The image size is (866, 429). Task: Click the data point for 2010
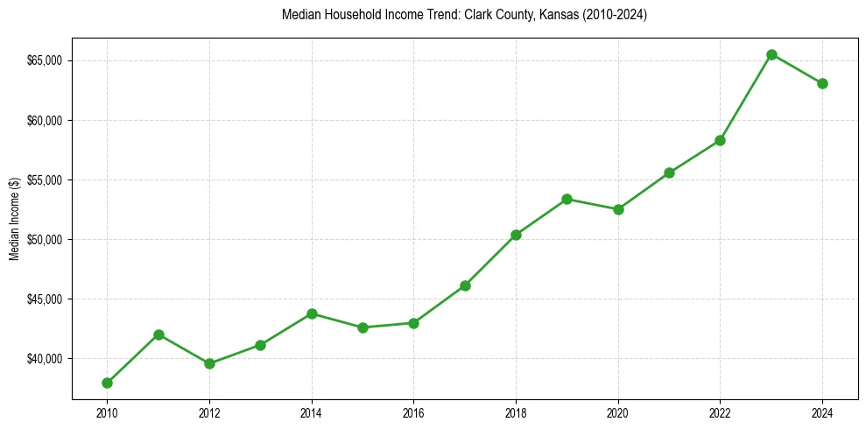[x=107, y=383]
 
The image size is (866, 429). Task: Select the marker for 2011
[x=158, y=334]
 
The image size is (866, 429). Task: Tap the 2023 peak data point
[x=771, y=54]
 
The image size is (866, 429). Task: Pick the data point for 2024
[x=822, y=83]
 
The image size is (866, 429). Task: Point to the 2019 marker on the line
[x=567, y=199]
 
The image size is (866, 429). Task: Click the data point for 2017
[x=465, y=285]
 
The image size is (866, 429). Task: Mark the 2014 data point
[x=312, y=313]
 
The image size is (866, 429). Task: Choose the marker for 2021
[x=669, y=172]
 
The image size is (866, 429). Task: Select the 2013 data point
[x=260, y=345]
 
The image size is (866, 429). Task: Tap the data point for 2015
[x=363, y=327]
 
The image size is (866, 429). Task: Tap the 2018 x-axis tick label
[x=516, y=413]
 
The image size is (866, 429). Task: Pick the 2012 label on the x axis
[x=209, y=413]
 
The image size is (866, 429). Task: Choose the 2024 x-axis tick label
[x=822, y=413]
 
